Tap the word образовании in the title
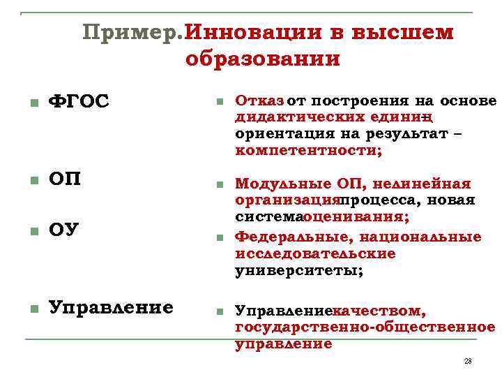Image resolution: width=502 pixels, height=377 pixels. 263,59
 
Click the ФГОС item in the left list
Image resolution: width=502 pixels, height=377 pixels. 78,102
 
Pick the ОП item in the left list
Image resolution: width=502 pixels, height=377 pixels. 64,179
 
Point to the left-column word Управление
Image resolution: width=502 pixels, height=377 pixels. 111,308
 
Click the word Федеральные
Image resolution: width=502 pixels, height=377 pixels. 287,237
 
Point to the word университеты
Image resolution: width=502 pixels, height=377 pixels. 299,270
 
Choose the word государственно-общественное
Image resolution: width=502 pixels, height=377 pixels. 365,327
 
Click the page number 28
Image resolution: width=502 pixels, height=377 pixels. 467,360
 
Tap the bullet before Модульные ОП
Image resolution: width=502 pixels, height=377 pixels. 219,185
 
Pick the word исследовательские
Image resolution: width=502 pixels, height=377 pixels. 315,253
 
